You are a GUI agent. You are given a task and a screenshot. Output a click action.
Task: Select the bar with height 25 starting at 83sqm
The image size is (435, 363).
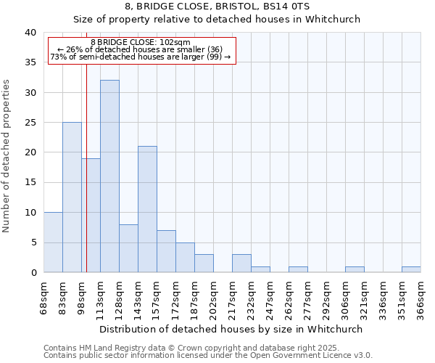coord(72,197)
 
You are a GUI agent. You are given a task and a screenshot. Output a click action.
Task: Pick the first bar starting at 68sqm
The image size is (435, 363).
coord(53,242)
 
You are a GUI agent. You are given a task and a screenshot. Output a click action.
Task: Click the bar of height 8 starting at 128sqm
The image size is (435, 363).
coord(128,248)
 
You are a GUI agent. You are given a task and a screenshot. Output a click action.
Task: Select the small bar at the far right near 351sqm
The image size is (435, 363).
coord(411,269)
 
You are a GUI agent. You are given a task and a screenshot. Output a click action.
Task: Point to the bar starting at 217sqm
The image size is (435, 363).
coord(241,264)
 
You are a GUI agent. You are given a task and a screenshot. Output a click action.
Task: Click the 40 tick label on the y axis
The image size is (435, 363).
coord(30,33)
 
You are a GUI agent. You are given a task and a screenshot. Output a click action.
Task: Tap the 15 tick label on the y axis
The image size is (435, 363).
coord(30,182)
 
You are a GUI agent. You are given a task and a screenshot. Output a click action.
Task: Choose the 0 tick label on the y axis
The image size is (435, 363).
coord(33,272)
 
